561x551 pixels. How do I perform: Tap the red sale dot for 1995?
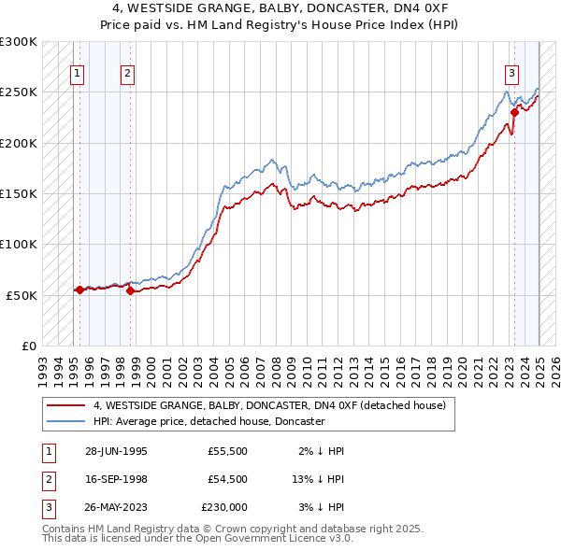tap(80, 290)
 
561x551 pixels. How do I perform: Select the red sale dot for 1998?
tap(130, 290)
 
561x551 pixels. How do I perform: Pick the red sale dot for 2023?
tap(514, 113)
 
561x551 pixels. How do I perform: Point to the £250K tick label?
tap(19, 92)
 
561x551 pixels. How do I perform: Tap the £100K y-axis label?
tap(19, 244)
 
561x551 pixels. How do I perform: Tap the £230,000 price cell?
tap(223, 507)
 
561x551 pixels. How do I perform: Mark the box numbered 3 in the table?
tap(47, 507)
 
